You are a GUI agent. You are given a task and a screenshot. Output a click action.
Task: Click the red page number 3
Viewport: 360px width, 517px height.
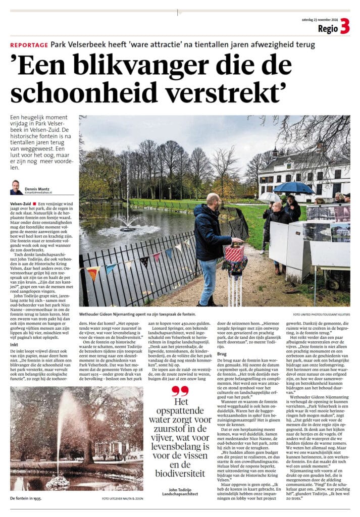tap(345, 26)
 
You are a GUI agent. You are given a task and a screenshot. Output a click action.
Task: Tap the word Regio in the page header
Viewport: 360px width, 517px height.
tap(327, 28)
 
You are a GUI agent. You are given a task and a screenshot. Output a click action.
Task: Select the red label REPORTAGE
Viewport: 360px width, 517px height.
tap(29, 45)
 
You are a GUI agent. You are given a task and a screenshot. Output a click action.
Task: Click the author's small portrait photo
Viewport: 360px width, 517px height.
tap(16, 187)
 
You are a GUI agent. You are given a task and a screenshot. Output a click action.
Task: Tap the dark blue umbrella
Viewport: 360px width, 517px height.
tap(294, 188)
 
